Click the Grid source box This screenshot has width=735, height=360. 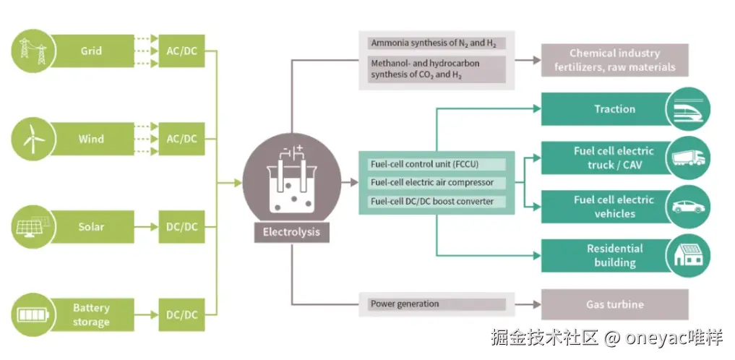[93, 51]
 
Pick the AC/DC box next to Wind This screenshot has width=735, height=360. [181, 139]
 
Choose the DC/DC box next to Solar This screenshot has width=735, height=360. [181, 227]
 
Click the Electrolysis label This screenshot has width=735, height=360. [291, 232]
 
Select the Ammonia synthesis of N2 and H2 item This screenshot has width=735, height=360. [437, 43]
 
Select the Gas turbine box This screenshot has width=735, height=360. [614, 304]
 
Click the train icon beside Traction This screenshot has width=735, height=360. [688, 108]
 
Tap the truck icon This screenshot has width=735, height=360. [688, 158]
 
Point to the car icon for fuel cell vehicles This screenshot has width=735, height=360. [688, 207]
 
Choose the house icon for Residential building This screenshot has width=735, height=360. [688, 256]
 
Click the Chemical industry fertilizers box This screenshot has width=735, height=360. [614, 60]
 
